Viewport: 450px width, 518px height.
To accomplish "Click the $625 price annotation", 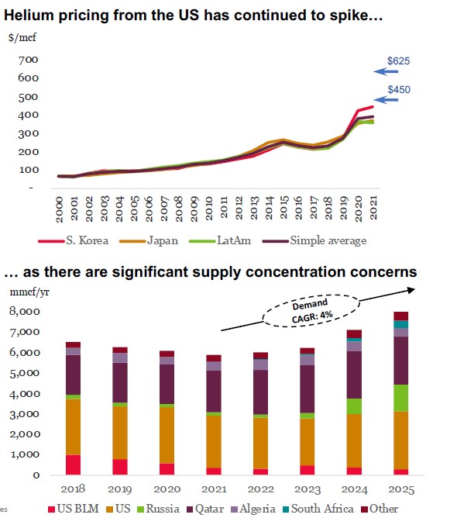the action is [399, 60].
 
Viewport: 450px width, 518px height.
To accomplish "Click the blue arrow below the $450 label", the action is [386, 99].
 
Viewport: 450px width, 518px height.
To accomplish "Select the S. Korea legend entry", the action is [74, 240].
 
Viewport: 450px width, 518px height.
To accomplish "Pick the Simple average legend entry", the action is [314, 240].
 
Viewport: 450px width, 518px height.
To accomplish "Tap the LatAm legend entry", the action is [220, 240].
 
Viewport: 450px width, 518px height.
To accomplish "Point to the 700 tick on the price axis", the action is [29, 60].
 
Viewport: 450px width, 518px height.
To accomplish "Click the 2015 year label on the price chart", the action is [283, 208].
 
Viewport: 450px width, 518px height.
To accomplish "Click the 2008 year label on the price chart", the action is [179, 209].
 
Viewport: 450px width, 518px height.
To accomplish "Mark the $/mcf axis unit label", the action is [22, 37].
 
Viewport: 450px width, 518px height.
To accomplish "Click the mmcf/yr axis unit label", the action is [29, 292].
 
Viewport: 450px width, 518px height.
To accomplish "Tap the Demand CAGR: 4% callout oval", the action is [311, 311].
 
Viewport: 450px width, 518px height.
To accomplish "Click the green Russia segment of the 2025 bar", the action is [401, 398].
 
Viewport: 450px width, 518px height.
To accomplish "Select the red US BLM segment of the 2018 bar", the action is [74, 464].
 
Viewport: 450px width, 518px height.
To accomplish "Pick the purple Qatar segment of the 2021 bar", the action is [214, 391].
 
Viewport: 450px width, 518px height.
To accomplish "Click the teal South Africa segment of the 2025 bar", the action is [401, 324].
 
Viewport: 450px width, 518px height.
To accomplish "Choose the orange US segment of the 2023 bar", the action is [307, 442].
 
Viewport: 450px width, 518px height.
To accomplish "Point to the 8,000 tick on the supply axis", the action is [25, 311].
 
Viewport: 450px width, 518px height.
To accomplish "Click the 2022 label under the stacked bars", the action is [261, 489].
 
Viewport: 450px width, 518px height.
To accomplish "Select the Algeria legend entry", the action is [253, 509].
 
